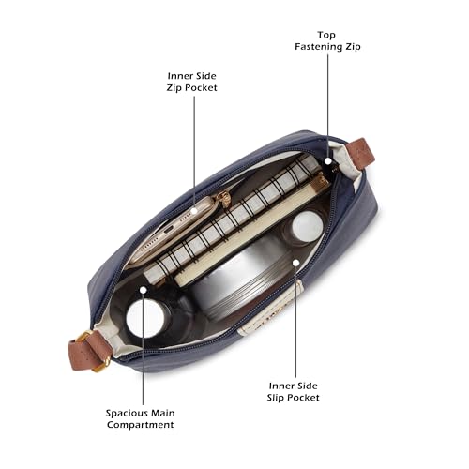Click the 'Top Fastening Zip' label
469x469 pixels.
[x=327, y=40]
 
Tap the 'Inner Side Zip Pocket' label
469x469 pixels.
[x=191, y=82]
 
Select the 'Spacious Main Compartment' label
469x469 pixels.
[x=140, y=418]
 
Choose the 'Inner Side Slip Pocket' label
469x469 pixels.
[x=293, y=391]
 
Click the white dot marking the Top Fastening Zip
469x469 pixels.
[x=327, y=161]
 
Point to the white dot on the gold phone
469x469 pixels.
[x=194, y=211]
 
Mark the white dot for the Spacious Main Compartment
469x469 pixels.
[x=144, y=290]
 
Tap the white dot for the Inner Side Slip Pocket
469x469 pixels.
[x=295, y=263]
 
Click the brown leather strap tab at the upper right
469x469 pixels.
[x=360, y=154]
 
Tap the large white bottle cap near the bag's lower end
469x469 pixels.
[x=145, y=318]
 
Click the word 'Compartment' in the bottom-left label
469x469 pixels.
[x=140, y=425]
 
